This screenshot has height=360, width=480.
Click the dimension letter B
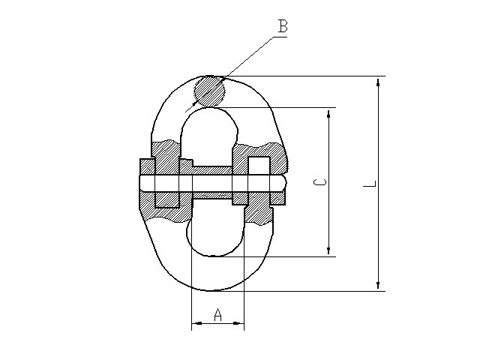click(x=283, y=26)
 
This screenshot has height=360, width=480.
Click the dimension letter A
click(x=217, y=315)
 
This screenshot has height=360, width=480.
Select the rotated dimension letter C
click(x=320, y=182)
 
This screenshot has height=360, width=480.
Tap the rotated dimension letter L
click(x=370, y=184)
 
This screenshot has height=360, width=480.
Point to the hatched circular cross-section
click(x=210, y=91)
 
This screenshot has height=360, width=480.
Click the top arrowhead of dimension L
click(x=378, y=82)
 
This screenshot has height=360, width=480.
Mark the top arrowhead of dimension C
click(x=328, y=114)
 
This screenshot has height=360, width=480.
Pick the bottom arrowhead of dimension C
click(x=328, y=250)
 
